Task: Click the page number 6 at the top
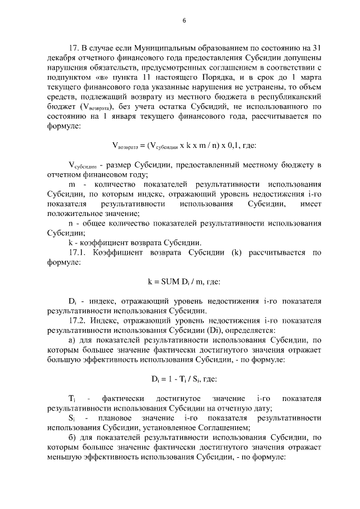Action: pos(184,21)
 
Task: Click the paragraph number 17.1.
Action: pos(76,253)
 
